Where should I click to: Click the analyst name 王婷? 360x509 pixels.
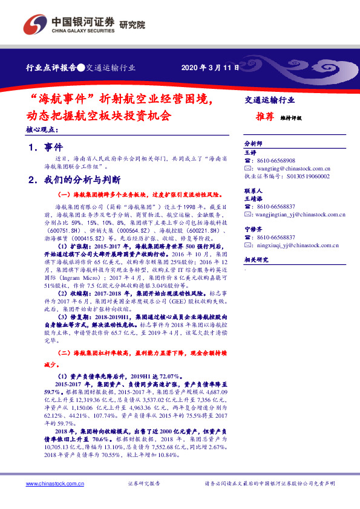(250, 153)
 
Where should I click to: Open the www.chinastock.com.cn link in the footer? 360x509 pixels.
(50, 484)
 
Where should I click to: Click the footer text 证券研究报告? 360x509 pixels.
(145, 484)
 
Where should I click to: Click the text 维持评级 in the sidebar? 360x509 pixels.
(291, 118)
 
